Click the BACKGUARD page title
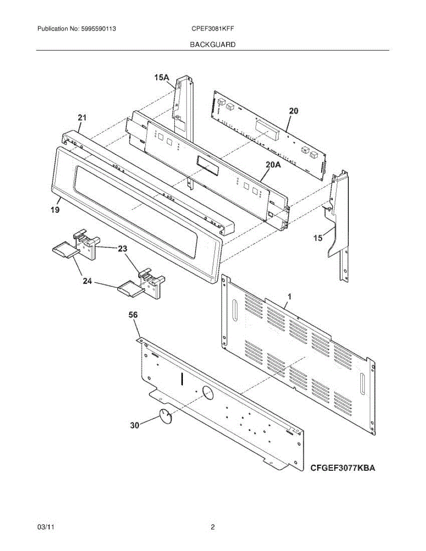[212, 45]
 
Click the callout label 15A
[162, 79]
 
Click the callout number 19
[55, 210]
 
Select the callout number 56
[133, 315]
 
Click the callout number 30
[134, 426]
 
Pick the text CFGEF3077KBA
[343, 468]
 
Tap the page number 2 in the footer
[213, 528]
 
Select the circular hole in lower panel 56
[208, 393]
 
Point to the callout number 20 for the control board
[294, 111]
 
